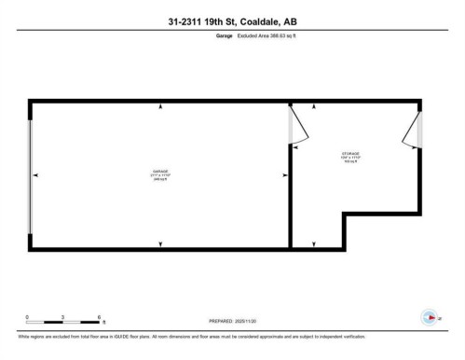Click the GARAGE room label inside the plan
160,172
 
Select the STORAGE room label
349,153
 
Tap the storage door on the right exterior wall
412,132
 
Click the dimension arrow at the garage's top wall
161,105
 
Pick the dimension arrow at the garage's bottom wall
161,244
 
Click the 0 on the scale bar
27,316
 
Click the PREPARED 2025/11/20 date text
229,323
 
